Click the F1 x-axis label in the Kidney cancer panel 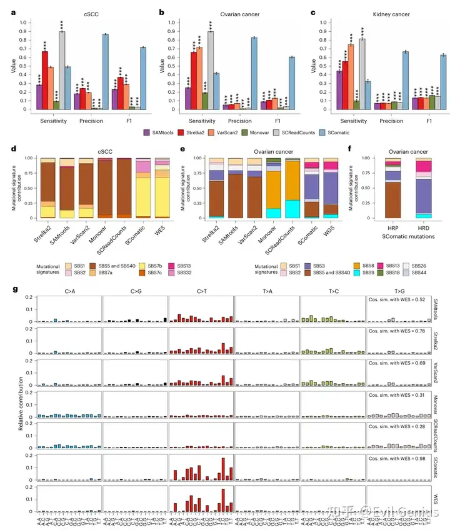[x=429, y=119]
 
